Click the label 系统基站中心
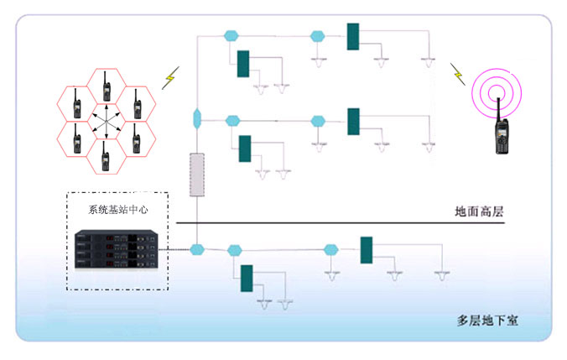(x=117, y=210)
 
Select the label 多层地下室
(x=487, y=320)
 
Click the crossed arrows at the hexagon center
(x=106, y=123)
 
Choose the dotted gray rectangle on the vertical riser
(x=196, y=175)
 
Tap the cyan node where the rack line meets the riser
(x=197, y=249)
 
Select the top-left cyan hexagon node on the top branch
(x=231, y=36)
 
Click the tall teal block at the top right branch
(x=353, y=36)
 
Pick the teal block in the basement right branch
(x=367, y=250)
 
